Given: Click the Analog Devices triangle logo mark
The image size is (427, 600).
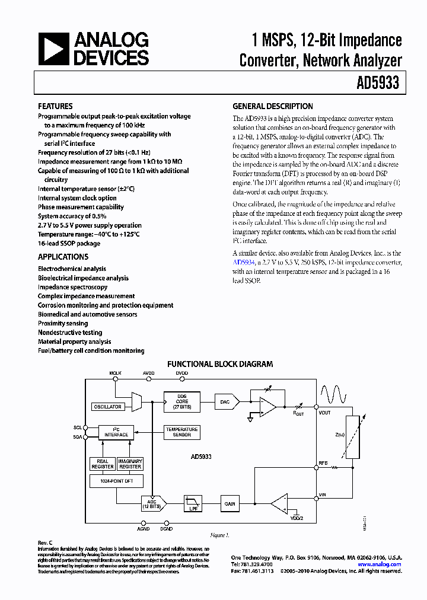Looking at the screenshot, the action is pyautogui.click(x=53, y=49).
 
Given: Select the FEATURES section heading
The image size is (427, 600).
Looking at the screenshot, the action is pyautogui.click(x=55, y=106).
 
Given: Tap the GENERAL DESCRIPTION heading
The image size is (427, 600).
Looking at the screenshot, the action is pyautogui.click(x=272, y=106).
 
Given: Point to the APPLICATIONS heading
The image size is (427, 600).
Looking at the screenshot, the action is pyautogui.click(x=63, y=257).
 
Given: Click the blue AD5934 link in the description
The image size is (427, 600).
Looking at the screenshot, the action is pyautogui.click(x=244, y=262).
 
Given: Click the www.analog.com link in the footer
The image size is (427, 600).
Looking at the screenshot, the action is pyautogui.click(x=379, y=564).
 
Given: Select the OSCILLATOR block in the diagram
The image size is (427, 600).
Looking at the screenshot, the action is pyautogui.click(x=108, y=407).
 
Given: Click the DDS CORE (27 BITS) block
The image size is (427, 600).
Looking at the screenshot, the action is pyautogui.click(x=181, y=402).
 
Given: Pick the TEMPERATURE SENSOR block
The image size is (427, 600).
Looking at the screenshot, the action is pyautogui.click(x=181, y=432).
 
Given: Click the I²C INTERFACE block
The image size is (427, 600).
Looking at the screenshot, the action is pyautogui.click(x=116, y=432).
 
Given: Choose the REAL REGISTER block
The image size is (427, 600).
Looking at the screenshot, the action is pyautogui.click(x=103, y=464).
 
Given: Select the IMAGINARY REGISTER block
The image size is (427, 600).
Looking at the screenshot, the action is pyautogui.click(x=130, y=464).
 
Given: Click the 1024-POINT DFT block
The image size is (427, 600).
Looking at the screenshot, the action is pyautogui.click(x=116, y=482).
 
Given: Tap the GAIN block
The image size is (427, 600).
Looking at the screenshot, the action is pyautogui.click(x=230, y=504).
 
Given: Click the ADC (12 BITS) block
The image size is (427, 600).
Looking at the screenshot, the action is pyautogui.click(x=152, y=504).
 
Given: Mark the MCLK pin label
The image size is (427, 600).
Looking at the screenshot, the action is pyautogui.click(x=115, y=374).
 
